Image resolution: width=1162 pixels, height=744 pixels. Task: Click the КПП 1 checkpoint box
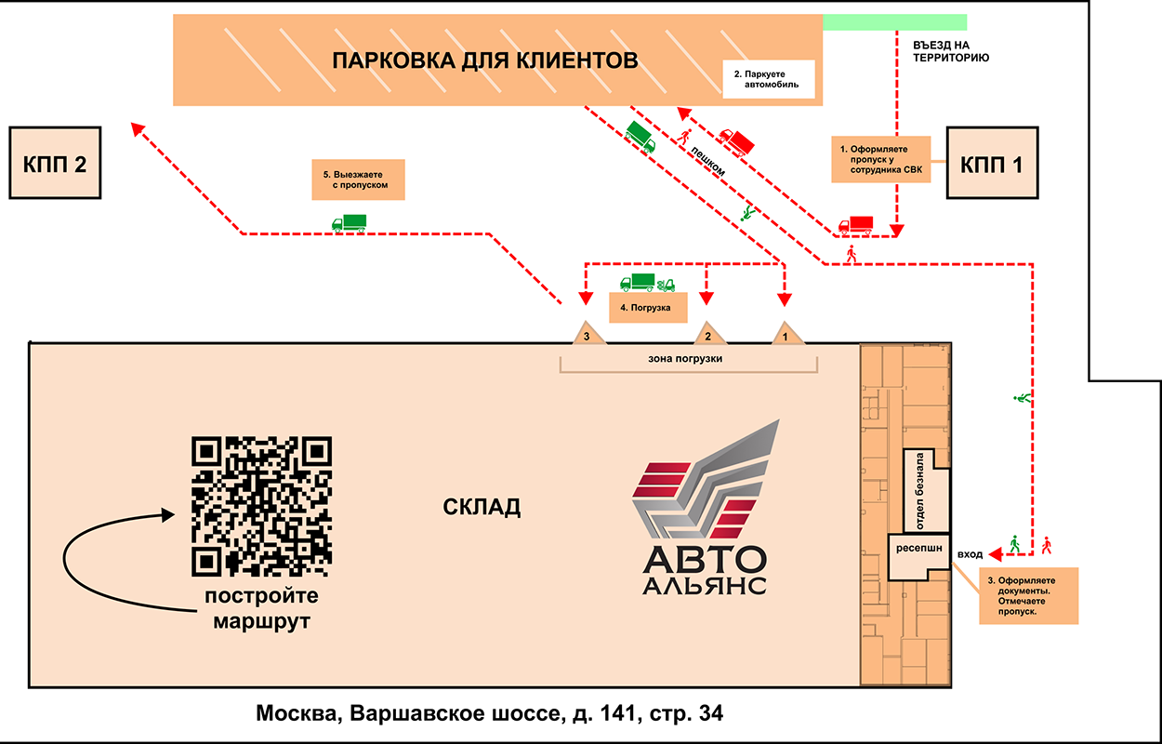pyautogui.click(x=992, y=164)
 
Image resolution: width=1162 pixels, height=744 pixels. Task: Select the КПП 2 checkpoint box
pyautogui.click(x=54, y=164)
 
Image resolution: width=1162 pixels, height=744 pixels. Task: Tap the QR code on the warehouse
pyautogui.click(x=261, y=506)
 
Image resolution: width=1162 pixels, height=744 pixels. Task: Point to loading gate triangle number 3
pyautogui.click(x=586, y=334)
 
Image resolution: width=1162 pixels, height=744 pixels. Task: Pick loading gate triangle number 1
pyautogui.click(x=786, y=335)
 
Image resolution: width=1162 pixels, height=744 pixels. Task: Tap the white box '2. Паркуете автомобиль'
pyautogui.click(x=768, y=79)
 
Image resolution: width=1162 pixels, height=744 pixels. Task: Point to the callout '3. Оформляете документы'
pyautogui.click(x=1027, y=595)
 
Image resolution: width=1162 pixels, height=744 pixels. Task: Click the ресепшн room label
pyautogui.click(x=918, y=550)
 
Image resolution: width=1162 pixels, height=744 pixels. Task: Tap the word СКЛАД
pyautogui.click(x=481, y=508)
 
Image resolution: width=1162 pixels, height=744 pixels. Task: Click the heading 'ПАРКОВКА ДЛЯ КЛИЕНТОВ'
pyautogui.click(x=485, y=62)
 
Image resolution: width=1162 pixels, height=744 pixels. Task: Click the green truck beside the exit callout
pyautogui.click(x=350, y=222)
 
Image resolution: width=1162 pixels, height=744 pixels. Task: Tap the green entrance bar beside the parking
pyautogui.click(x=894, y=22)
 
